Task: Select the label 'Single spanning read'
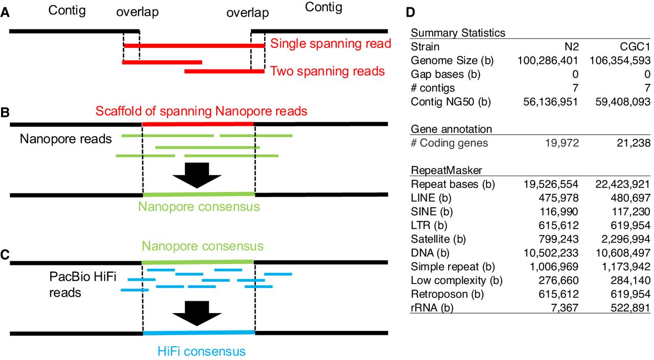331,43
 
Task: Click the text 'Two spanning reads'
328,70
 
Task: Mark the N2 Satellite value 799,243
555,239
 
